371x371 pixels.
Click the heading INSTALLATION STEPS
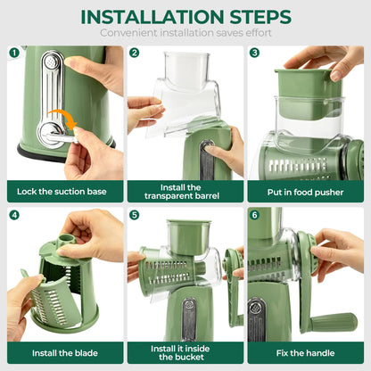185,17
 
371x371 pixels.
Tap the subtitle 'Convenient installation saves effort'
185,34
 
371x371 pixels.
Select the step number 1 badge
14,53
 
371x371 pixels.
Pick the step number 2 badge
134,53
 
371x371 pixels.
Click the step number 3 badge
254,53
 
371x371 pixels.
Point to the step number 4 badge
14,215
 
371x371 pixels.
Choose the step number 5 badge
134,215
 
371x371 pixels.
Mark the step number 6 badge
254,215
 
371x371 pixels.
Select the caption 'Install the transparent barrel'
185,191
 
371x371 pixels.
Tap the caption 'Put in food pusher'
305,191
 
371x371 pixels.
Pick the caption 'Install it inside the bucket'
185,353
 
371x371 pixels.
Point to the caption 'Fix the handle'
305,353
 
